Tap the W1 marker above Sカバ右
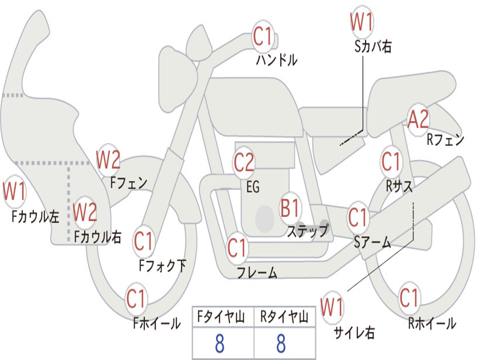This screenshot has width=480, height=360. pos(362,22)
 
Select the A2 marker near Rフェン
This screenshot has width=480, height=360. pos(419,120)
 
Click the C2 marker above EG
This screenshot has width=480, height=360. pos(244,162)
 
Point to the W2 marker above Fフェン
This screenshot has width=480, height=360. pos(108,159)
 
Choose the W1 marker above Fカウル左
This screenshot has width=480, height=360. pos(15,191)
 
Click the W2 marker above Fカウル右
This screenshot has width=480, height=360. pos(85,212)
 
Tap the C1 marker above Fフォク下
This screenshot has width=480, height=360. pos(143,241)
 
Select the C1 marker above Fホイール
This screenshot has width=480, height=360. pos(136,299)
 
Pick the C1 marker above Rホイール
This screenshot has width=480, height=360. pos(409,298)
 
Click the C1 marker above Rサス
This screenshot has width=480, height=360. pos(391,161)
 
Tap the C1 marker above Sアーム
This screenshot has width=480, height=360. pos(358,217)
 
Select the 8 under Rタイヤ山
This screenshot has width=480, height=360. pos(281,343)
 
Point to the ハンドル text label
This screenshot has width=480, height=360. pos(277,60)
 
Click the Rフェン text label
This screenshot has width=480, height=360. pos(445,140)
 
